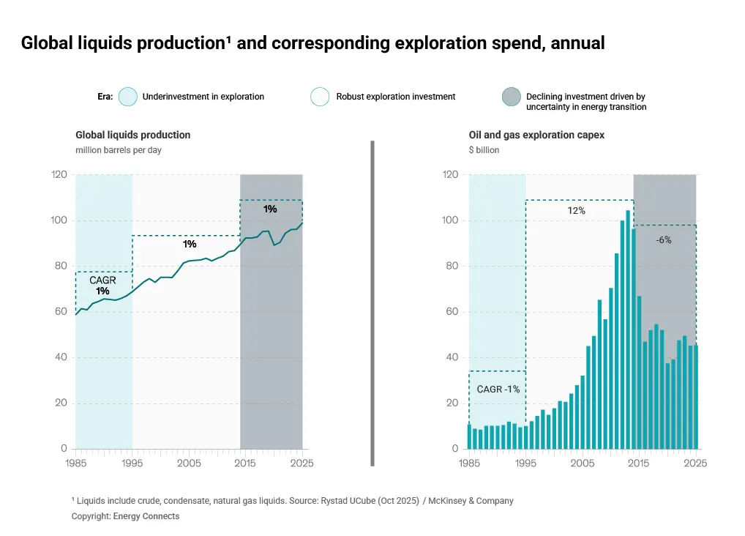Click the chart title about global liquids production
click(312, 43)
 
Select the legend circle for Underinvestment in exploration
click(128, 97)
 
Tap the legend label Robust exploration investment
click(395, 97)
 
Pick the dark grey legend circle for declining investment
click(511, 97)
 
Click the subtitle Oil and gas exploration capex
click(536, 135)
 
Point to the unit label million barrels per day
click(118, 150)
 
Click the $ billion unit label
click(484, 150)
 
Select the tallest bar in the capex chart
click(628, 330)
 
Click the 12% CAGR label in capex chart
click(576, 211)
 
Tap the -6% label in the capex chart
click(663, 239)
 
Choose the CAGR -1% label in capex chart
click(498, 390)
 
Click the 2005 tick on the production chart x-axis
click(189, 464)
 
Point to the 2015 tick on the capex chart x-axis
click(639, 464)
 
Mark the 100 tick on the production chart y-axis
click(59, 220)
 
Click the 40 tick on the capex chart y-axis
click(452, 357)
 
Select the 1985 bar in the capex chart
click(470, 436)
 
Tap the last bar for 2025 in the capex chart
click(695, 397)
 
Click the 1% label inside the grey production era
click(270, 209)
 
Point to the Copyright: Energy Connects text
click(125, 516)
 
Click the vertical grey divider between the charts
click(372, 303)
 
